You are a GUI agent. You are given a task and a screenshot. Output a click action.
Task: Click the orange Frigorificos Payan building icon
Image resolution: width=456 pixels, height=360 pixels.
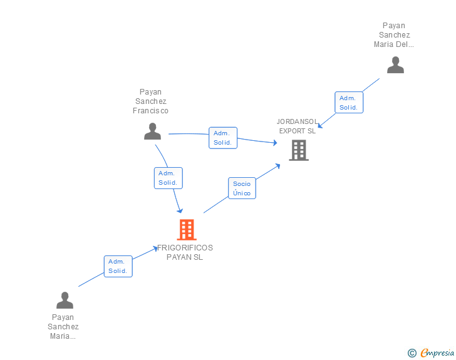pos(187,230)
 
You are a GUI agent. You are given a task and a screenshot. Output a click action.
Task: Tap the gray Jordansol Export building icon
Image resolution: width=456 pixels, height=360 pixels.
pos(299,150)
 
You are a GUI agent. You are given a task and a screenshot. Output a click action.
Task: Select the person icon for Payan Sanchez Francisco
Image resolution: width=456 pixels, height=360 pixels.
pos(152,131)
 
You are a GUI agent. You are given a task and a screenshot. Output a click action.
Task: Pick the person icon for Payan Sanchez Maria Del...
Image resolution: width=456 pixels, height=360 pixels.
pos(395,65)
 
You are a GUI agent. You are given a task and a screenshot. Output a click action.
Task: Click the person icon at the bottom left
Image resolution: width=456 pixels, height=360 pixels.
pos(65,301)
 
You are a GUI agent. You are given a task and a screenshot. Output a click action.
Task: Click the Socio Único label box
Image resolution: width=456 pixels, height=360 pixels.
pos(242,188)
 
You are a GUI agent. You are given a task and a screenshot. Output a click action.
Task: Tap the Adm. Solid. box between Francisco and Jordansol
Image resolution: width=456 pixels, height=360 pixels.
pos(222,138)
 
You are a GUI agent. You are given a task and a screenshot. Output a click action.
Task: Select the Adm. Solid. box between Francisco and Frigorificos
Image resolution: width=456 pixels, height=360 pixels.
pos(168,178)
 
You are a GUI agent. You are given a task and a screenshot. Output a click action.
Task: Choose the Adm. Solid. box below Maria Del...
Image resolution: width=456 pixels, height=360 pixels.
pos(348,103)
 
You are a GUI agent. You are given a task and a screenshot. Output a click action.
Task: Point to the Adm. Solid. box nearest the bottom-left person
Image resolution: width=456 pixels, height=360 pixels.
pos(118,266)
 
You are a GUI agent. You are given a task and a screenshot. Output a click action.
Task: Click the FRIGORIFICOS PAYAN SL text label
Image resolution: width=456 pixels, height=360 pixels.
pos(185,252)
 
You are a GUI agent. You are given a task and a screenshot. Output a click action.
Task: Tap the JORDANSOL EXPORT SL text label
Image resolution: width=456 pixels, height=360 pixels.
pos(298,126)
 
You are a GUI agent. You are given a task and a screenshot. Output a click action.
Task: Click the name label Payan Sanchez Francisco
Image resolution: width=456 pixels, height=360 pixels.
pos(151,101)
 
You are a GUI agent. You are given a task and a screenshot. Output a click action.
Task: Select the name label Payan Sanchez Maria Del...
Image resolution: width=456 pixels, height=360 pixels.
pos(395,35)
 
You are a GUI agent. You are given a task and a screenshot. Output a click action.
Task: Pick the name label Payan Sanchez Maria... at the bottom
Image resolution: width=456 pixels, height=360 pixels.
pos(63,327)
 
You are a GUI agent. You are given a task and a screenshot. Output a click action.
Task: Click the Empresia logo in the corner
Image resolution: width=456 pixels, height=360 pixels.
pos(437,352)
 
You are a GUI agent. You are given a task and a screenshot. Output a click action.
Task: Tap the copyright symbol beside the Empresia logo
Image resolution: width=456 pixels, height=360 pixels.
pos(412,353)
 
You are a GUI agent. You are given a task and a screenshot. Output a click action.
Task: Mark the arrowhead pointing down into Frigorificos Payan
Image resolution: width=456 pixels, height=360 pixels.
pos(180,210)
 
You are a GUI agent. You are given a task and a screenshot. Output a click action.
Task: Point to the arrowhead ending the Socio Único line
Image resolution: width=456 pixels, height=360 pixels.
pos(278,165)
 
